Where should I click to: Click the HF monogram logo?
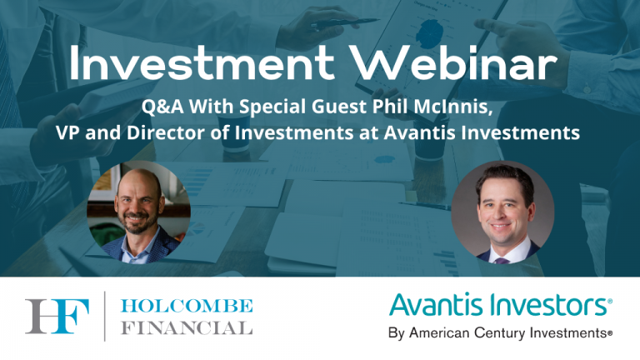pos(56,317)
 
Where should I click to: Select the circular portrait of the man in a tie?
pos(502,212)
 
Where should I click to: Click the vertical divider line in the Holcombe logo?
pos(105,317)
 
